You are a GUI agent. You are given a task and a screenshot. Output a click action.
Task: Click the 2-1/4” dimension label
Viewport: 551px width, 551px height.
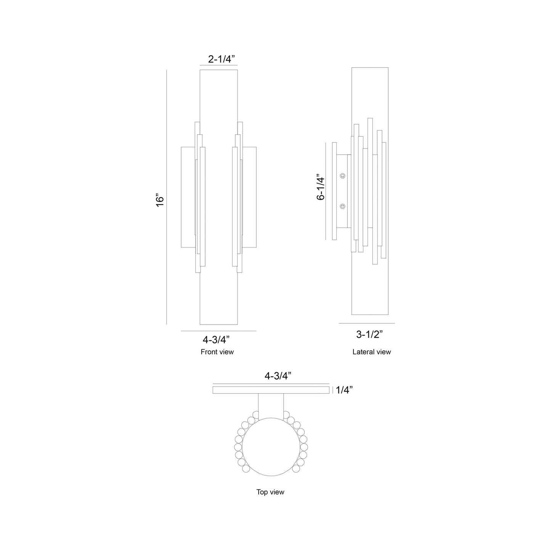[221, 59]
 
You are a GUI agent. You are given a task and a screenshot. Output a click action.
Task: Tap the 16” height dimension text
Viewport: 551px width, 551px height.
[160, 201]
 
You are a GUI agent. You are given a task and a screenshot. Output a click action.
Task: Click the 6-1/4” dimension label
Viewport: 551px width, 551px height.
[321, 188]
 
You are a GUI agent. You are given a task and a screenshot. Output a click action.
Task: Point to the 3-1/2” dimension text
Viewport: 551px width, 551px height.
[369, 334]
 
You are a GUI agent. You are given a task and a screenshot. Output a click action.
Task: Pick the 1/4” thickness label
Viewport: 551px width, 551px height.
[344, 390]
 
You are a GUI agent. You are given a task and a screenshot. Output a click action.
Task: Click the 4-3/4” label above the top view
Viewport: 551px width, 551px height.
[278, 376]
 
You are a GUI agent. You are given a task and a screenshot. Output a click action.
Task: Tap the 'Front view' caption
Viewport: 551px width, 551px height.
[217, 352]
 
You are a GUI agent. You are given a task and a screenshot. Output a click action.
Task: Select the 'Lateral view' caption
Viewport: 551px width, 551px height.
[371, 352]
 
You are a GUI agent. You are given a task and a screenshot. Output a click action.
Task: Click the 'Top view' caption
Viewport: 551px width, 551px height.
[270, 492]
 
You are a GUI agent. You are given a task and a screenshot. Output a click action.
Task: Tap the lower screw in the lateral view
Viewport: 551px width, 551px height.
[342, 207]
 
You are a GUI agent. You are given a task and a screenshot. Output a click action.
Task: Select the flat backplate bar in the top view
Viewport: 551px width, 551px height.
[271, 390]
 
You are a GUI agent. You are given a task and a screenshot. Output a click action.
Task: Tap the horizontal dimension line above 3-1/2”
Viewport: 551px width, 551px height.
[366, 323]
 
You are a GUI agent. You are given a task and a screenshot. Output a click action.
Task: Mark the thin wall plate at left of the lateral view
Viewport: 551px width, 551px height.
[334, 191]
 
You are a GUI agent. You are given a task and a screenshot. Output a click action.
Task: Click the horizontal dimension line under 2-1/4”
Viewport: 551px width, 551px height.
[218, 66]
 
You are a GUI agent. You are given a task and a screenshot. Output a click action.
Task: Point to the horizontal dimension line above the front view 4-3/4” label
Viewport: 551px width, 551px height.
[218, 331]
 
